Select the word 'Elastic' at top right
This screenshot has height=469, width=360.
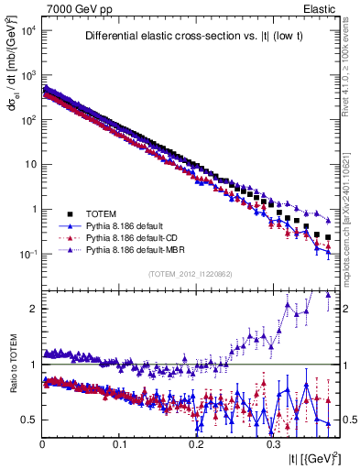point(318,9)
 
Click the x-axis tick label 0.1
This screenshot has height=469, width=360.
point(119,444)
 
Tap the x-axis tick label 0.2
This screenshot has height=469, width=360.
point(195,444)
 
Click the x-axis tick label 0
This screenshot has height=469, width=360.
point(43,444)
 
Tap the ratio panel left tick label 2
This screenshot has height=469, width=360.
point(34,309)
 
